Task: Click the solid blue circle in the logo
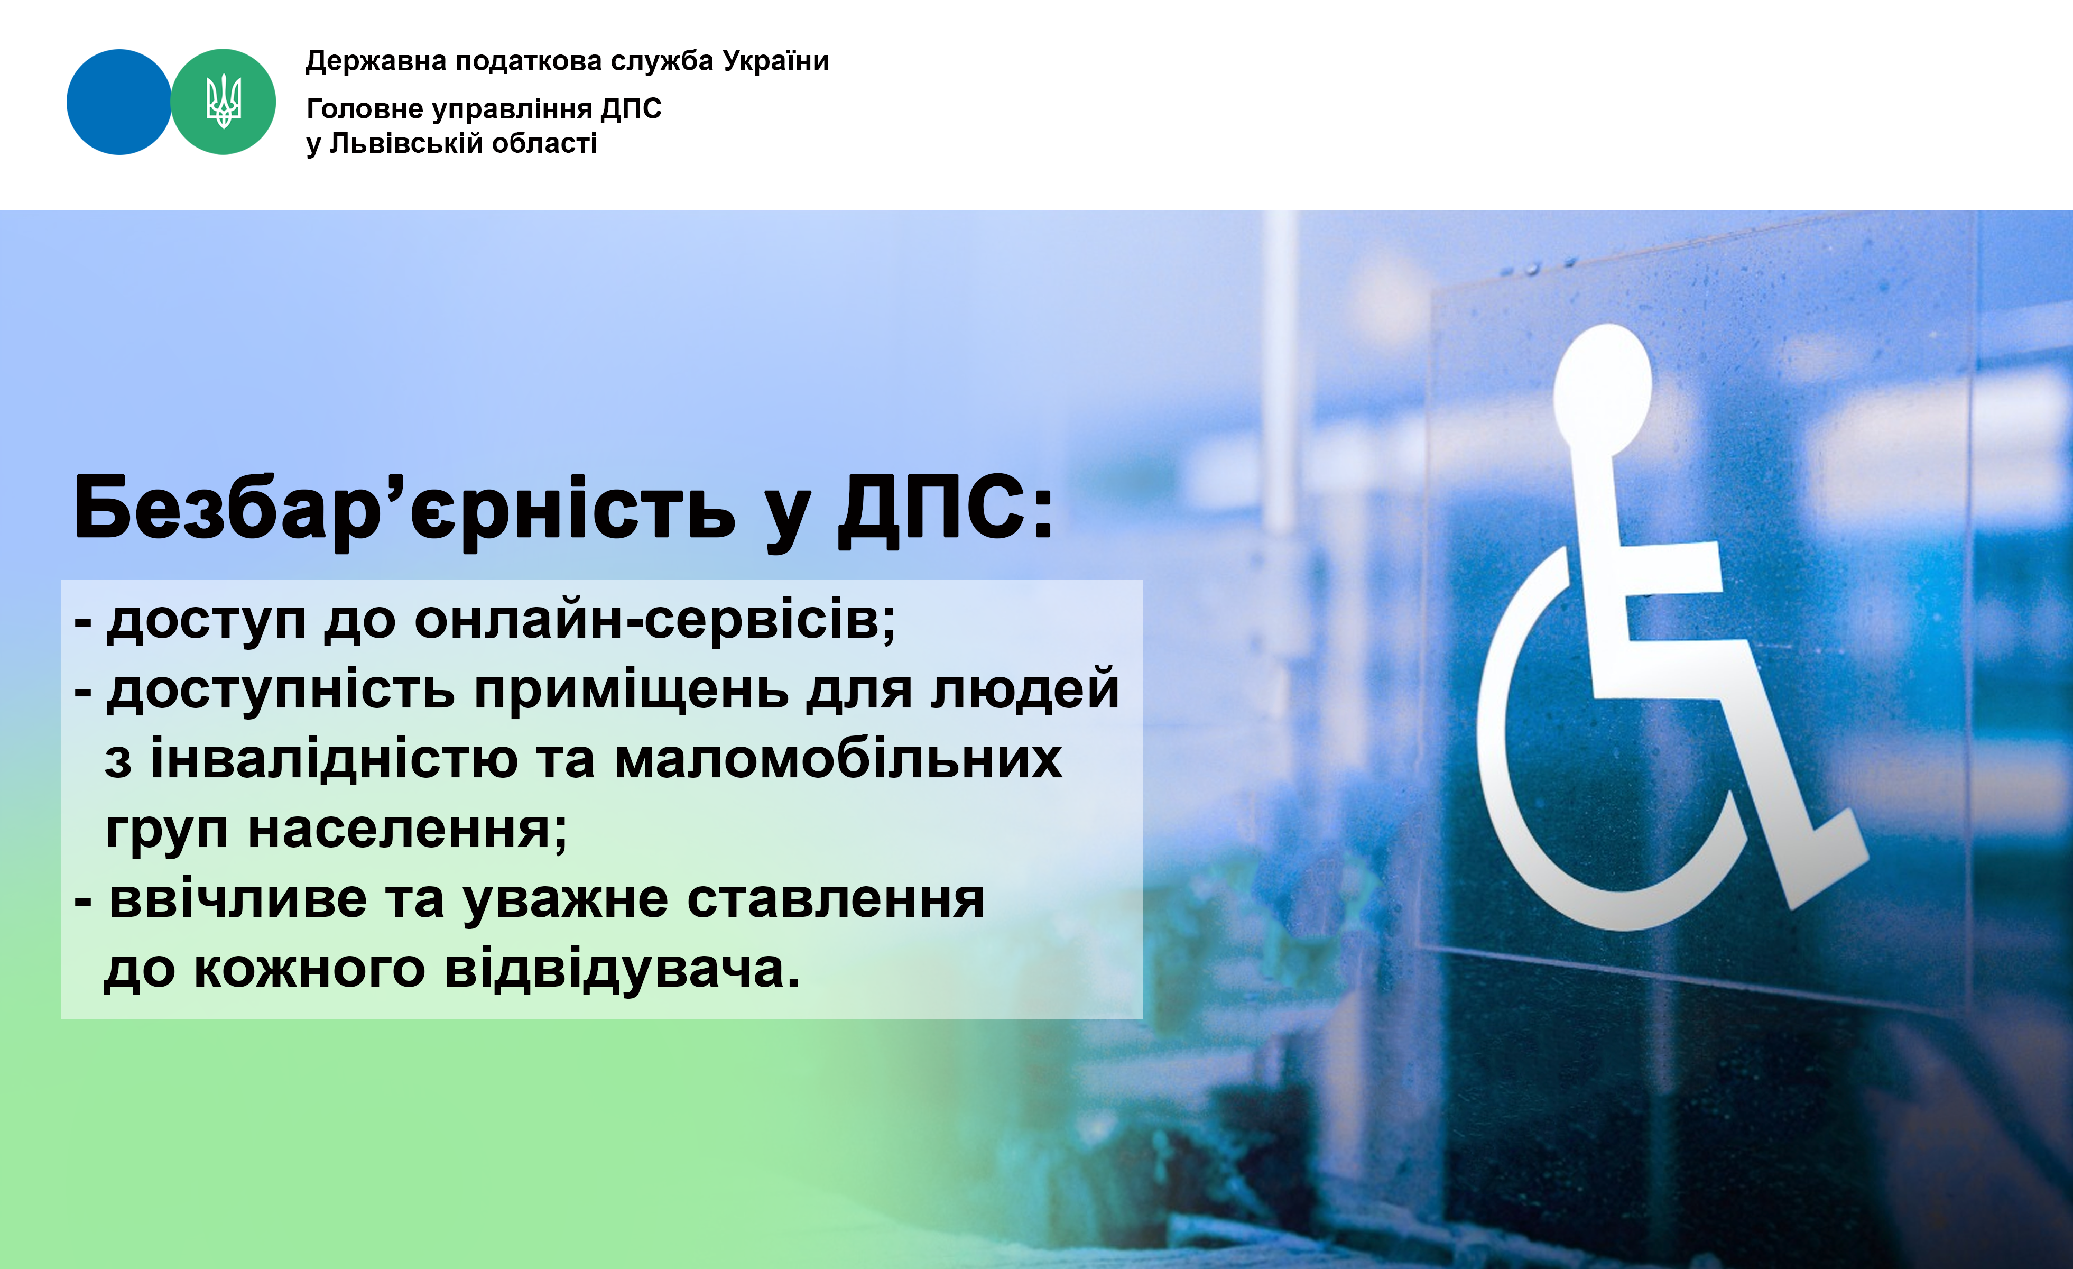pyautogui.click(x=118, y=102)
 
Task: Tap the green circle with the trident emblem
pyautogui.click(x=223, y=102)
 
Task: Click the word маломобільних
pyautogui.click(x=838, y=759)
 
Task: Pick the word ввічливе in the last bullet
pyautogui.click(x=238, y=899)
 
